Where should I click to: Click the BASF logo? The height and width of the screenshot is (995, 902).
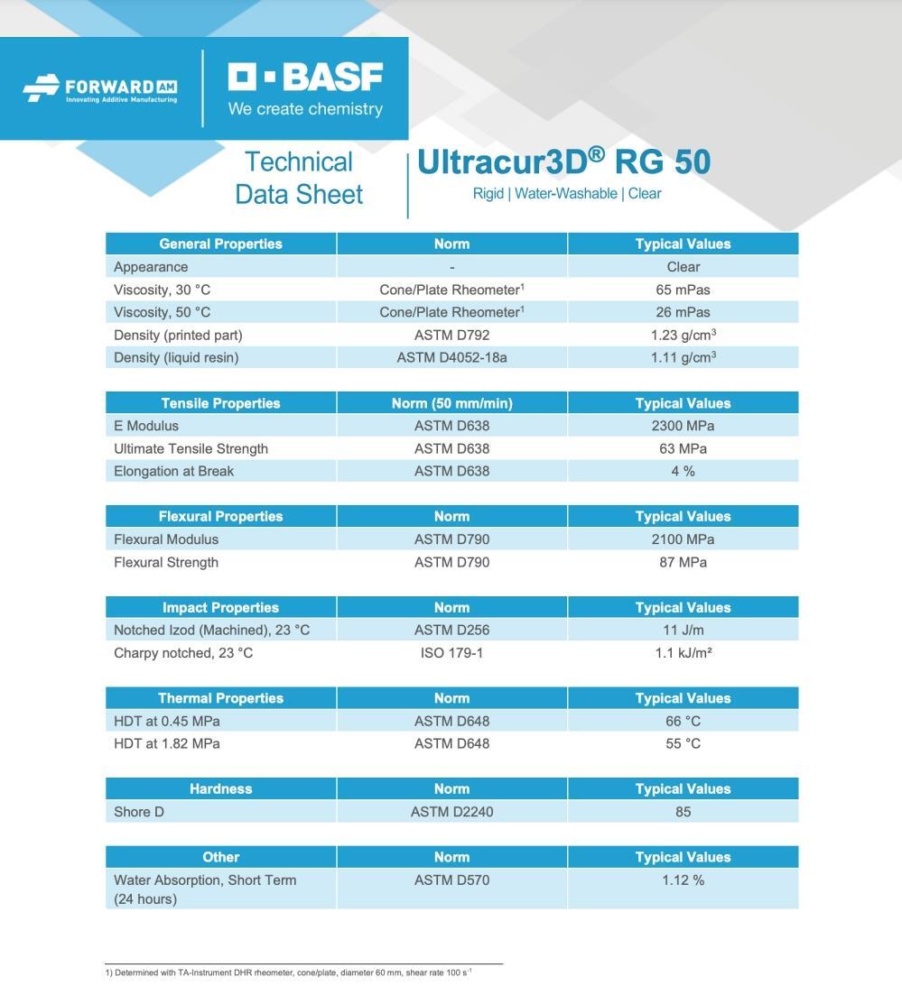[305, 88]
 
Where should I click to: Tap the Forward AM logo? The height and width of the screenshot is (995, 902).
[100, 89]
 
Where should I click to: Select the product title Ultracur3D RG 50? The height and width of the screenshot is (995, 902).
[563, 162]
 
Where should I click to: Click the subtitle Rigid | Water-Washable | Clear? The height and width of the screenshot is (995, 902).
[567, 194]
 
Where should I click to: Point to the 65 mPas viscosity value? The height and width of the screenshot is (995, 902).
[683, 290]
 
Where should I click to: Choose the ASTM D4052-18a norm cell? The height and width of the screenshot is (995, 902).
[451, 357]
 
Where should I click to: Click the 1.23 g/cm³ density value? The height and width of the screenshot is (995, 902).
[683, 335]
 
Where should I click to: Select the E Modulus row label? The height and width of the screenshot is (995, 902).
[146, 426]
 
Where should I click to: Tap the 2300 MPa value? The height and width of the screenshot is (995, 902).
[683, 426]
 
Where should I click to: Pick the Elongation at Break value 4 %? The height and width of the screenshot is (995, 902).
[683, 471]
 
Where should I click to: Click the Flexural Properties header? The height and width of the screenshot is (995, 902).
[220, 516]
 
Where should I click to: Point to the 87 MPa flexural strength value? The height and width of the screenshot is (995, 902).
[683, 562]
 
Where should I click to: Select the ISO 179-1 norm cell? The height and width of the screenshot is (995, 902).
[451, 652]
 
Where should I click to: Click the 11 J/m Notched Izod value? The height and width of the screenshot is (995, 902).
[683, 630]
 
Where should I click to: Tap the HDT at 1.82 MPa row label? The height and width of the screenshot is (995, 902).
[167, 743]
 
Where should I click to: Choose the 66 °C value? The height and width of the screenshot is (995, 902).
[683, 721]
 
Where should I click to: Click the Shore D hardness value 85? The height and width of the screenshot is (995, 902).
[683, 812]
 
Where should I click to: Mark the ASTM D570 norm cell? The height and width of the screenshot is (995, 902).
[451, 880]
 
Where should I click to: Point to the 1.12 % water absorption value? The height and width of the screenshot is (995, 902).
[683, 880]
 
